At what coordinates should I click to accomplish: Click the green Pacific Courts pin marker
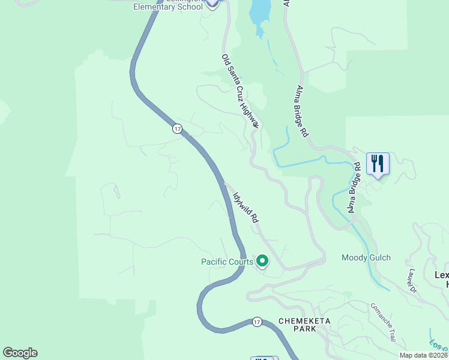[262, 261]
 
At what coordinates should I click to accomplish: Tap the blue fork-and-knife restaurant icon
[378, 164]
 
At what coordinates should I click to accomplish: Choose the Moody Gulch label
[366, 258]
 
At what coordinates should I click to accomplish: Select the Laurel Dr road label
[412, 281]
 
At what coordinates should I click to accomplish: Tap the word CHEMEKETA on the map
[304, 321]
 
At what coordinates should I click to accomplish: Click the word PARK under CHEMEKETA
[304, 329]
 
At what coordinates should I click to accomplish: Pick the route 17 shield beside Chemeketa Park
[257, 322]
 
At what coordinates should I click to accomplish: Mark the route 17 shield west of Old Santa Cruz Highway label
[177, 129]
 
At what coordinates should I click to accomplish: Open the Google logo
[20, 353]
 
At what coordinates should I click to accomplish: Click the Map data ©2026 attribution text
[423, 355]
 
